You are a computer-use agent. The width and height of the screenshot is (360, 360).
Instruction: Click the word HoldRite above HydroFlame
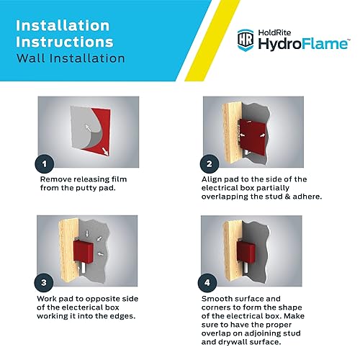pos(277,32)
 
